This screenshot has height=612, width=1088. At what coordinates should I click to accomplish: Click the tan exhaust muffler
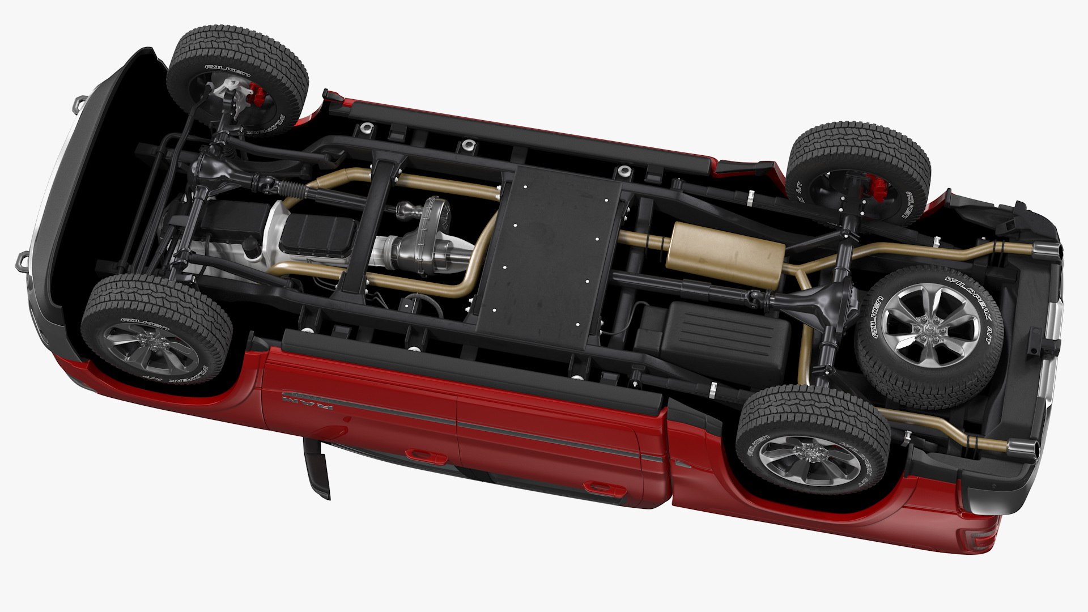click(726, 252)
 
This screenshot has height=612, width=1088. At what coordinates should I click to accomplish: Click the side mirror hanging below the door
click(317, 467)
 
